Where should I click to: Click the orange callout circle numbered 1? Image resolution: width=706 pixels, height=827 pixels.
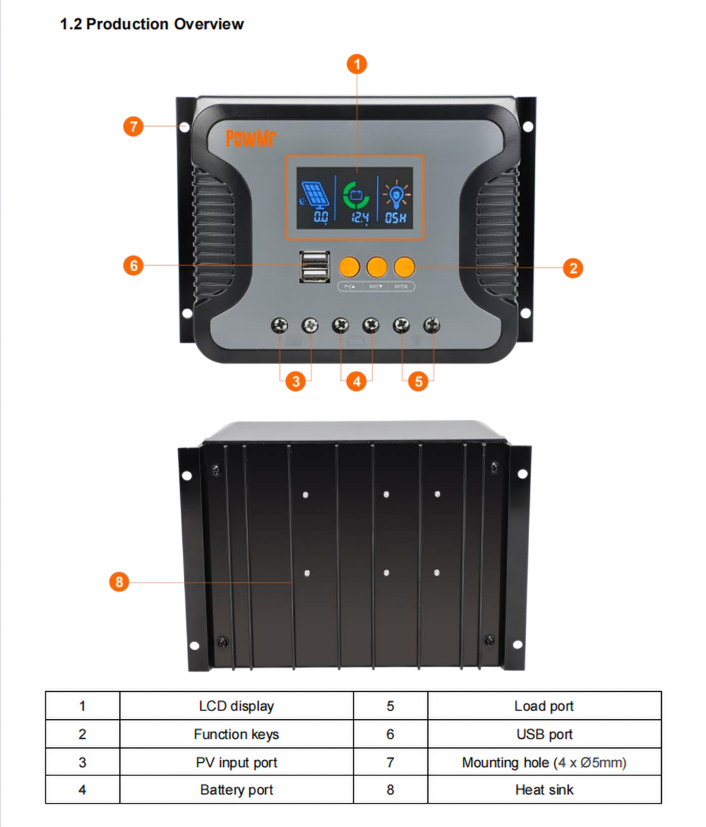click(357, 65)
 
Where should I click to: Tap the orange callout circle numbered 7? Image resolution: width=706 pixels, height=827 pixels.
click(133, 127)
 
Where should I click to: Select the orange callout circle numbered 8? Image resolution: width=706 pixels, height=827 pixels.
click(119, 582)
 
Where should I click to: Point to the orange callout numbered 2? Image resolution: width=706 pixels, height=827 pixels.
click(573, 267)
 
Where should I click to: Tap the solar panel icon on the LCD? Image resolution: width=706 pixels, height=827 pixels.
click(315, 195)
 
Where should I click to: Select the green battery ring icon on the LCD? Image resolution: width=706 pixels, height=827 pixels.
click(356, 194)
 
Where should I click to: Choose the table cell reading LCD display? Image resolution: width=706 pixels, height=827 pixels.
click(236, 706)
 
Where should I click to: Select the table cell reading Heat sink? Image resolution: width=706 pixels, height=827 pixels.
click(544, 790)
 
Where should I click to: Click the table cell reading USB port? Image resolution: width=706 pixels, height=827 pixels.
click(544, 734)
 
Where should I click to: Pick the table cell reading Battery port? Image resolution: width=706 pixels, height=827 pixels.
click(236, 790)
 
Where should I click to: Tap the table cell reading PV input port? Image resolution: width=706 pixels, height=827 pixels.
click(236, 762)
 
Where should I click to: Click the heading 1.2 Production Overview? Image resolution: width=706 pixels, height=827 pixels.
click(152, 24)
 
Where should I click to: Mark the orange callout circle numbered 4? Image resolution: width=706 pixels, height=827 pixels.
click(357, 382)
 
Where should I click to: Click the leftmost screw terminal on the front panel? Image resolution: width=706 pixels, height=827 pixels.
click(280, 325)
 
